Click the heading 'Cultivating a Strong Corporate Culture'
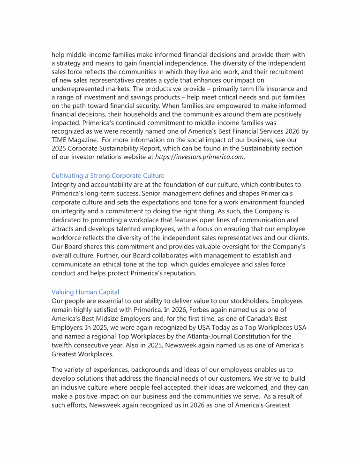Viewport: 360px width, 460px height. pyautogui.click(x=108, y=175)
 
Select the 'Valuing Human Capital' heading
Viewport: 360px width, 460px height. pyautogui.click(x=85, y=292)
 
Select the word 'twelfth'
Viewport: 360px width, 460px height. pyautogui.click(x=63, y=345)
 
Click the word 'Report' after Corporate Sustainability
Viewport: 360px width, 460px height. pyautogui.click(x=154, y=148)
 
